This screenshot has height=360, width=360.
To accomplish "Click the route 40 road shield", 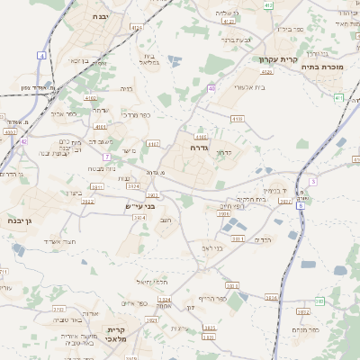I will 211,88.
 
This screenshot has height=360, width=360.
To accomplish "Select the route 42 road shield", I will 24,141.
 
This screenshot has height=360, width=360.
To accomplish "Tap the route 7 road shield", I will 107,157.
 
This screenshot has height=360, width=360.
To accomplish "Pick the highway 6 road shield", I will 300,206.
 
